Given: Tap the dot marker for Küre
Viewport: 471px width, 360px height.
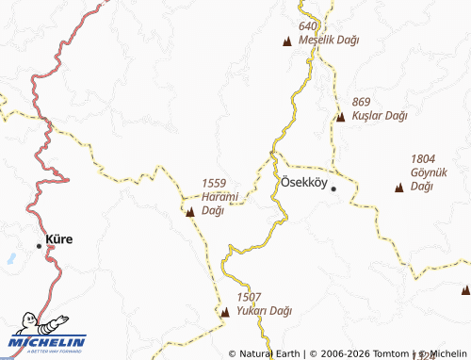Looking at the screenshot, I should coord(40,245).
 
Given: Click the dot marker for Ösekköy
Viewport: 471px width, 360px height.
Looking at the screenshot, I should coord(333,188).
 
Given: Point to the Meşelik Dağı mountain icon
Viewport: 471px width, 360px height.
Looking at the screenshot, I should coord(287,41).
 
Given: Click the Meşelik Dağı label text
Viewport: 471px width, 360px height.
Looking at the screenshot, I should coord(328,41).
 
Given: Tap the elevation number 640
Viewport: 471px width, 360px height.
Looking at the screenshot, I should coord(309,26).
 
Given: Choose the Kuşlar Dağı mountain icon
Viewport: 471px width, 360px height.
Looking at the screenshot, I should coord(340,116).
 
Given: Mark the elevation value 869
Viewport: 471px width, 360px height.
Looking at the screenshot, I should coord(362,101).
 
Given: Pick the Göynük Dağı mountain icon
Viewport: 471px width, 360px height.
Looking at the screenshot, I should coord(398,187).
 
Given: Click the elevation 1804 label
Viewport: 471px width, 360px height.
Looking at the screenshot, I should coord(425,159).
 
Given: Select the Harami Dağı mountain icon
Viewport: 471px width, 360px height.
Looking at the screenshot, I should coord(191,212).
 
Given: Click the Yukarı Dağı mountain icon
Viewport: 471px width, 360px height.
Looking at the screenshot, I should coord(224,311).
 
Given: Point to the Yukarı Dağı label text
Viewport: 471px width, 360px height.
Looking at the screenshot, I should coord(265,310).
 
